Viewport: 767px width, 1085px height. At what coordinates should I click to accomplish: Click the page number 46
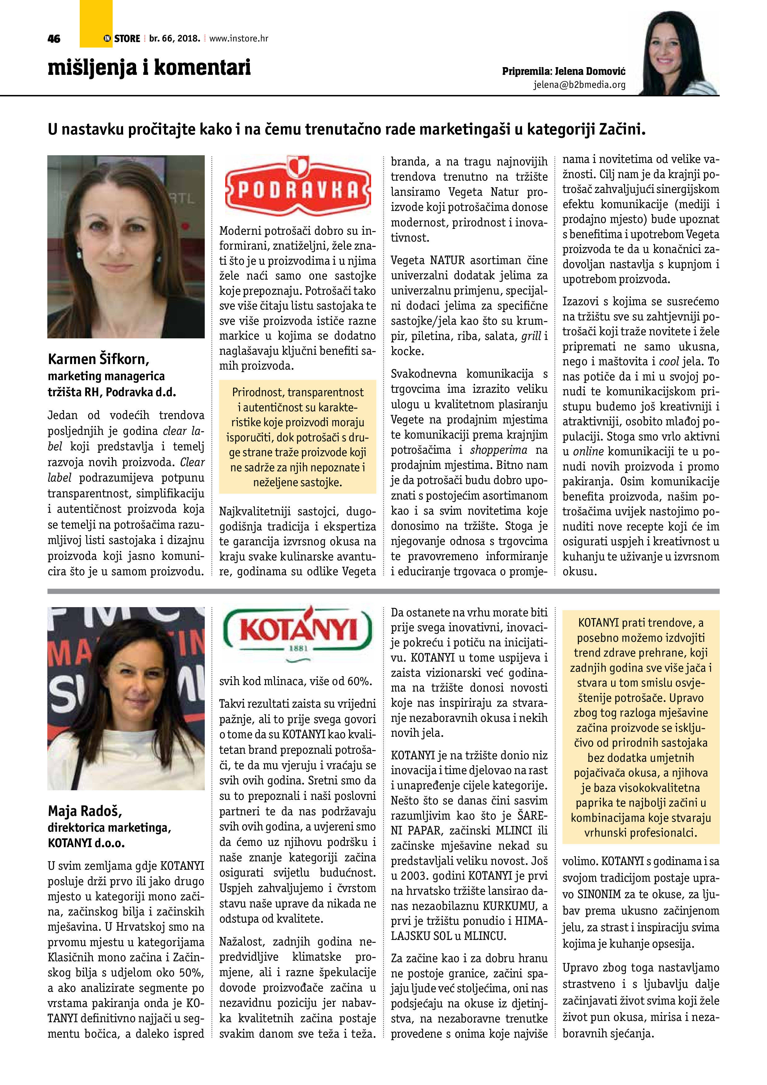click(54, 39)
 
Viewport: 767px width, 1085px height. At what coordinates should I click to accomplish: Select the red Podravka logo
click(298, 187)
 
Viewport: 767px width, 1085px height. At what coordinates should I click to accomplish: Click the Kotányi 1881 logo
click(298, 630)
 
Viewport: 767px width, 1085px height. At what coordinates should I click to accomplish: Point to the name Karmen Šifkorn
click(98, 359)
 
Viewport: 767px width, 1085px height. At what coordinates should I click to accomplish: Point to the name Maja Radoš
click(85, 811)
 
